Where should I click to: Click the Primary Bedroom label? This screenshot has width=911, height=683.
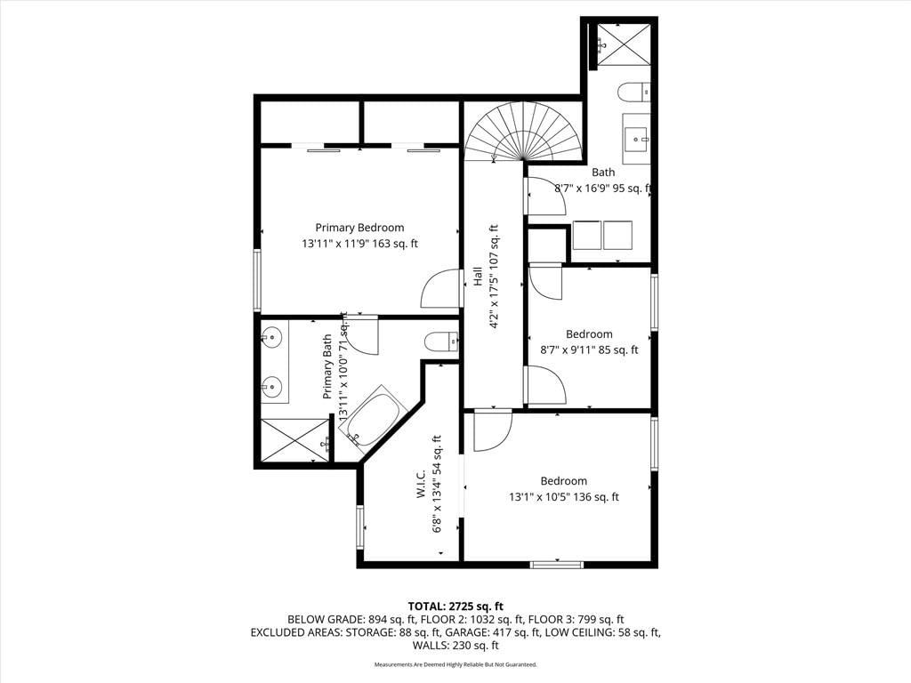click(359, 228)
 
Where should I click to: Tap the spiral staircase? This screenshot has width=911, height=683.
click(524, 133)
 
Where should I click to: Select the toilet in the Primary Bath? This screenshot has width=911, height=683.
click(441, 341)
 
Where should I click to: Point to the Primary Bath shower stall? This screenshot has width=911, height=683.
click(294, 440)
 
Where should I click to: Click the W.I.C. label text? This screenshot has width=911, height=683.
click(421, 483)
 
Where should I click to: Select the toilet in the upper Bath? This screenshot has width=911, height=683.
click(633, 92)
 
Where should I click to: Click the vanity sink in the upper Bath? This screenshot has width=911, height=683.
click(637, 139)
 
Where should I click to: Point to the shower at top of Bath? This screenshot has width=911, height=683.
click(624, 44)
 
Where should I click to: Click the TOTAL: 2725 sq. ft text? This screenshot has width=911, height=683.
click(455, 607)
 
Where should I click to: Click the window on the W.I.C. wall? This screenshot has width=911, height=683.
click(359, 526)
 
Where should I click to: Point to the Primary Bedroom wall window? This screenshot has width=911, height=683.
click(257, 280)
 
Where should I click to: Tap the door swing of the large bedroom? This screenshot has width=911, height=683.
click(493, 430)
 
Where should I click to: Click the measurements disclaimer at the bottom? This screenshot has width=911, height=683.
click(455, 664)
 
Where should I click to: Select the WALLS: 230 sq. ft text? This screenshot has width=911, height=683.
click(455, 646)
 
